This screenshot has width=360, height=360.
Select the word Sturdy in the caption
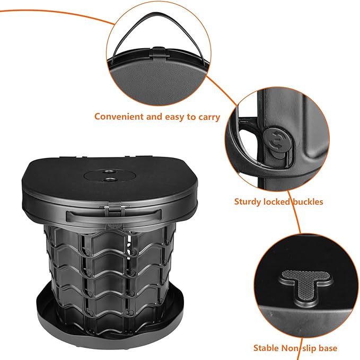pyautogui.click(x=247, y=202)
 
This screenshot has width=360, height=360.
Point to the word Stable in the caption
pyautogui.click(x=266, y=348)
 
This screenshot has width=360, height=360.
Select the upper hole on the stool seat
pyautogui.click(x=107, y=172)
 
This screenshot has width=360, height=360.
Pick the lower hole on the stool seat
pyautogui.click(x=109, y=180)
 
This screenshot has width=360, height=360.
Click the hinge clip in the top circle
pyautogui.click(x=159, y=52)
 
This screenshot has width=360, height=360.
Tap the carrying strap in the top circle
pyautogui.click(x=159, y=34)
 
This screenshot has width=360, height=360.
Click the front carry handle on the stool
pyautogui.click(x=113, y=216)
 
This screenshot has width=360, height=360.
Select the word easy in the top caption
pyautogui.click(x=175, y=117)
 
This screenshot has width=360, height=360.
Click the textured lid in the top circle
pyautogui.click(x=156, y=83)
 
